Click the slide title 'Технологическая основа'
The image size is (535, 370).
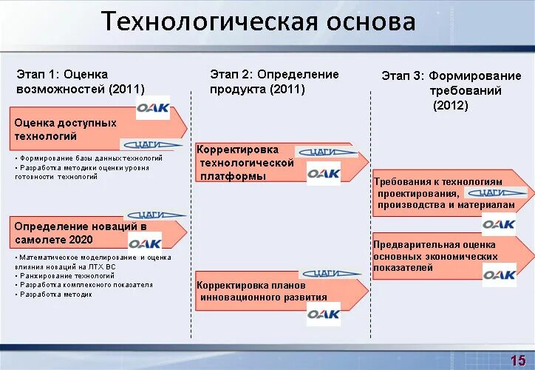(x=258, y=22)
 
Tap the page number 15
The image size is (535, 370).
(x=517, y=360)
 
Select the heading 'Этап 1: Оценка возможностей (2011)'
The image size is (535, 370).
(x=81, y=81)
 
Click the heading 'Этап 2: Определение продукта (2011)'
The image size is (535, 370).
(x=274, y=81)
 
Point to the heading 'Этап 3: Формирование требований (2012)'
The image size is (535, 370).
(x=451, y=90)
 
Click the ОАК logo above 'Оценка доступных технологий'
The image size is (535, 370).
(x=153, y=112)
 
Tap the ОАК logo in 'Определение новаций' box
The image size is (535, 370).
(x=145, y=243)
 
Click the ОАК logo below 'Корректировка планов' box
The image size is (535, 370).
(x=324, y=314)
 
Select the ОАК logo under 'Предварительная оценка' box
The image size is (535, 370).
(x=500, y=275)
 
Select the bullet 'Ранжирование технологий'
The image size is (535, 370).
(x=67, y=275)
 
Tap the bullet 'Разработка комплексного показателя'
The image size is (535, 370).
(x=86, y=284)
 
